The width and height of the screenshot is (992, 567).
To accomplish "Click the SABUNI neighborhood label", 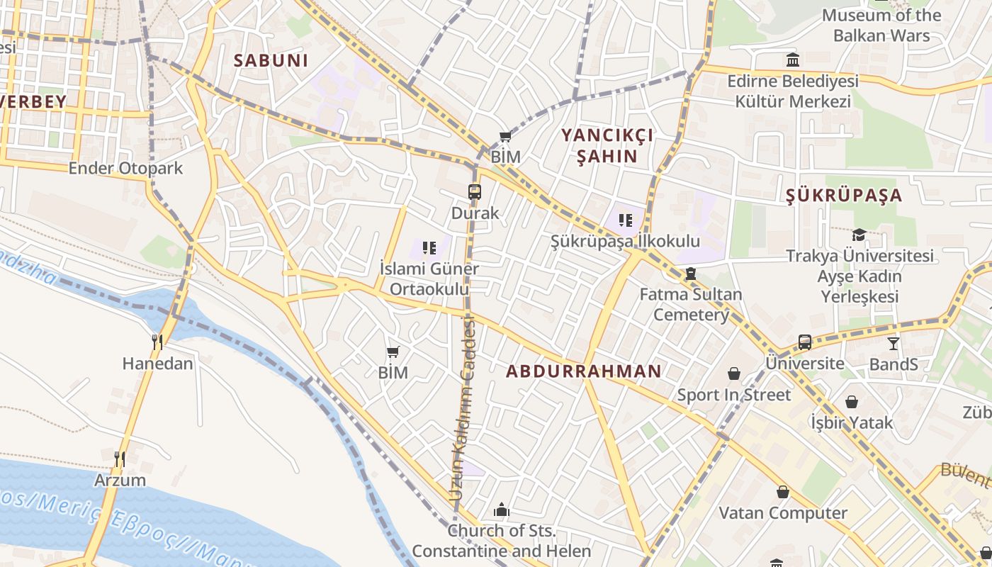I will tap(271, 60).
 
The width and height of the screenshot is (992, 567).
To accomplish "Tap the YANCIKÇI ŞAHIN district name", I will tap(607, 145).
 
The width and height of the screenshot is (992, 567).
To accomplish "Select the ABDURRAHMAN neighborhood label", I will tap(583, 371).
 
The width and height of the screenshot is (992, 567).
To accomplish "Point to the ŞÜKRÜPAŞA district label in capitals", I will tap(844, 196).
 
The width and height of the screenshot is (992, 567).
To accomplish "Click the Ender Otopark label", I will tap(125, 168).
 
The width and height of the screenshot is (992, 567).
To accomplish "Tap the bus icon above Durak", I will tap(475, 191).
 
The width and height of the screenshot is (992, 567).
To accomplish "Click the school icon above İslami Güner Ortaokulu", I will tap(429, 247).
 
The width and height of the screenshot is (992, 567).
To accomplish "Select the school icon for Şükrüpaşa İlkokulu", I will tap(625, 220).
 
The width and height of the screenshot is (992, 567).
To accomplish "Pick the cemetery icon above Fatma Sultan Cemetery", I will tap(691, 274).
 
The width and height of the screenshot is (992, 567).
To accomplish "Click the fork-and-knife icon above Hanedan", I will tap(157, 342).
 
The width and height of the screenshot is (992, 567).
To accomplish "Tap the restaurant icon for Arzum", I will tap(120, 459).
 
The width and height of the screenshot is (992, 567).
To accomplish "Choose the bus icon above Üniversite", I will tap(805, 342).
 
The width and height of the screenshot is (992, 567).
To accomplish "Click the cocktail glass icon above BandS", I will tap(894, 343).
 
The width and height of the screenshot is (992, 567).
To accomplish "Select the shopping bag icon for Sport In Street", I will tap(734, 374).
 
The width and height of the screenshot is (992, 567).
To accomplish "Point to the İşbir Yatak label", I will tap(852, 423).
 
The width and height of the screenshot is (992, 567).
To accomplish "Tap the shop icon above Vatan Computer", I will tap(783, 491).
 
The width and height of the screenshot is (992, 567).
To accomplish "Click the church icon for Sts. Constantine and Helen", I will tap(502, 510).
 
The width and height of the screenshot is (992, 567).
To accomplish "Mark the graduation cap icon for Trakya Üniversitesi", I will tap(859, 235).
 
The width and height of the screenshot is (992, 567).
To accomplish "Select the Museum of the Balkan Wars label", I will tap(881, 25).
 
